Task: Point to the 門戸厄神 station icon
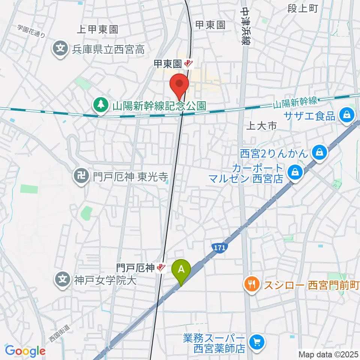161,268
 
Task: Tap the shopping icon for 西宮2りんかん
319,153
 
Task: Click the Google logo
25,351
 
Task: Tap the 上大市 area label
261,126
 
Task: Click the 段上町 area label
303,8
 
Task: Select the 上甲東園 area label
97,29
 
